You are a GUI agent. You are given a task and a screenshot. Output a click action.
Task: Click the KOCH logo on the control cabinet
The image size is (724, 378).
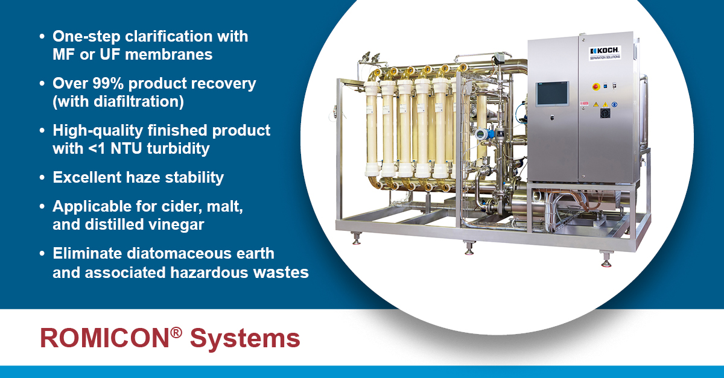604,53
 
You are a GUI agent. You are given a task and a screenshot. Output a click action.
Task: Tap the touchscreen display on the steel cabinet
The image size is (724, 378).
553,93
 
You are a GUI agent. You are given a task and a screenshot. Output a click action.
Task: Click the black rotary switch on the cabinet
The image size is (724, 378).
605,112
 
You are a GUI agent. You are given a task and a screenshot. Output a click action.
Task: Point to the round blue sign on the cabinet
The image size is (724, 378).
614,104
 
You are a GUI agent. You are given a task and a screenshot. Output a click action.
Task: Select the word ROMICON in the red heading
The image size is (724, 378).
105,338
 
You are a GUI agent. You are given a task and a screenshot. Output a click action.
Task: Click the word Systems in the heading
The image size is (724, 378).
245,339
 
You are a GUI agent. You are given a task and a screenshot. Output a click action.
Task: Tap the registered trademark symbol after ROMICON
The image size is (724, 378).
176,332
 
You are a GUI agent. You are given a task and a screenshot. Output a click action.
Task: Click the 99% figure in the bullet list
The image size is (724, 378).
108,83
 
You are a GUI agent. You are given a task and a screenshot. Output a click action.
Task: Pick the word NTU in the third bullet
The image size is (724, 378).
126,149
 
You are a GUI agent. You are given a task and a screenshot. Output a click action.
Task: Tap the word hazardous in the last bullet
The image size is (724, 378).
209,272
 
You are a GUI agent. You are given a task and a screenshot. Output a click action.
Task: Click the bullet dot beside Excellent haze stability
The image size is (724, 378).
42,178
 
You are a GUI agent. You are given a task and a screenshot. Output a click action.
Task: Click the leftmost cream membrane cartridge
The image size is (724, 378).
372,128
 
